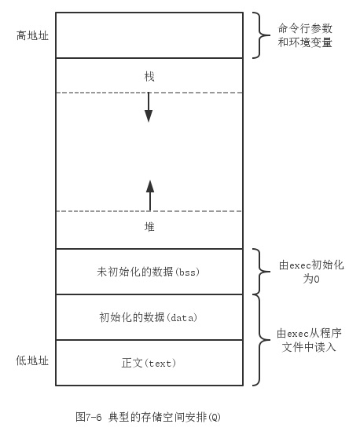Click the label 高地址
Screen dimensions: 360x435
click(32, 35)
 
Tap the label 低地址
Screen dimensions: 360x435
click(32, 360)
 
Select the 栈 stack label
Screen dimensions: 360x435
click(149, 76)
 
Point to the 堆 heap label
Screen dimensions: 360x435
click(149, 227)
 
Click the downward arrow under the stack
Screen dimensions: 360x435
click(149, 107)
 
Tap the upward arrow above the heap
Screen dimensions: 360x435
click(150, 196)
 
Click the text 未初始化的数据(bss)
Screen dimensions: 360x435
click(148, 272)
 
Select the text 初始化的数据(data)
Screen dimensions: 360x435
click(149, 317)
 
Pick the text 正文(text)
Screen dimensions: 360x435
click(149, 363)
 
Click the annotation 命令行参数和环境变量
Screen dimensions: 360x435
click(305, 35)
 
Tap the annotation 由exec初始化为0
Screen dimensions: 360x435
click(311, 272)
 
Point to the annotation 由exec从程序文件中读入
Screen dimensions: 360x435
click(309, 340)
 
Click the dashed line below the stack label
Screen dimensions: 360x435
click(149, 93)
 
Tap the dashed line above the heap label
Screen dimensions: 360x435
click(149, 211)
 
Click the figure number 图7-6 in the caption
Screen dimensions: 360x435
click(89, 417)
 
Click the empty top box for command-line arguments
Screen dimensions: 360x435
click(149, 35)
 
